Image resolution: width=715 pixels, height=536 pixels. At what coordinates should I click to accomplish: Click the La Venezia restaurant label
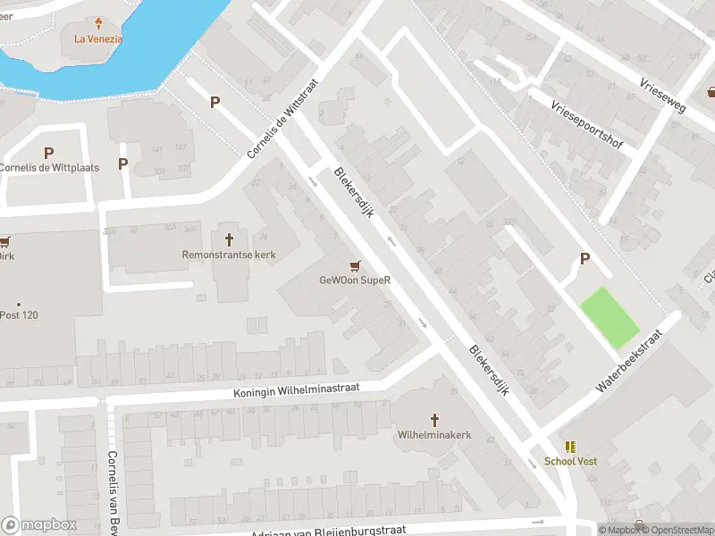[x=98, y=38]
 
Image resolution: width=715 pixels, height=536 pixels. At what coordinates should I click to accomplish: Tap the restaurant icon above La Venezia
[x=98, y=22]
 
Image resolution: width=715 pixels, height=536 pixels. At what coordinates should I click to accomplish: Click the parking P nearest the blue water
[x=214, y=103]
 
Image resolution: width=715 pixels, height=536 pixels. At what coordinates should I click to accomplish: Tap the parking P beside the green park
[x=585, y=259]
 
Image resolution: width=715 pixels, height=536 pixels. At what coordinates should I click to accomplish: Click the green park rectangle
[x=610, y=317]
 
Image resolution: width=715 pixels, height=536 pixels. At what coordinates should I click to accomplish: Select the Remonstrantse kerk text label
[x=229, y=255]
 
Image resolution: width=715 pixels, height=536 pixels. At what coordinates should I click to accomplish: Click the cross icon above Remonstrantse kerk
[x=229, y=239]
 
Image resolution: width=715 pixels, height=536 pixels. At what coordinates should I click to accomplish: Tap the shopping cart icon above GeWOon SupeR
[x=356, y=265]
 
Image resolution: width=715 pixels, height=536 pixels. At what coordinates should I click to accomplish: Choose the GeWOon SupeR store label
[x=356, y=280]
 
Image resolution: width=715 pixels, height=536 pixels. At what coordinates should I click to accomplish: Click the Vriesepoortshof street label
[x=586, y=125]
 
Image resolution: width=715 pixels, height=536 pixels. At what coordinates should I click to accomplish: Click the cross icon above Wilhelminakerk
[x=434, y=419]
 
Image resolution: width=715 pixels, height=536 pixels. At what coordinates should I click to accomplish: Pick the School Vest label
[x=570, y=461]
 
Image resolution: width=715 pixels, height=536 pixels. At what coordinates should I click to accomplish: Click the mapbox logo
[x=38, y=525]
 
